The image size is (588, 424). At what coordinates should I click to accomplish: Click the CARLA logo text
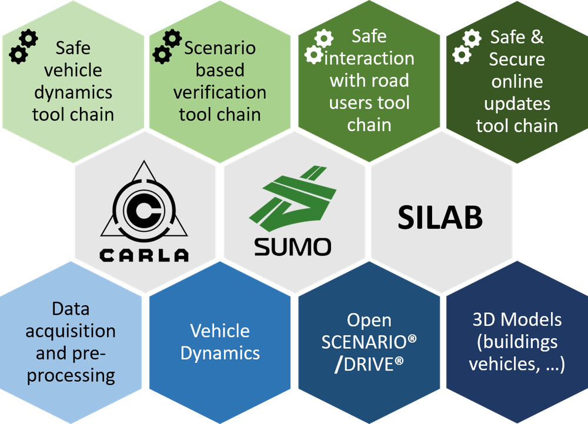point(144,255)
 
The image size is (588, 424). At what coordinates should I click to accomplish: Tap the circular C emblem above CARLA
point(144,209)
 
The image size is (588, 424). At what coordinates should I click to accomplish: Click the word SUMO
point(292,246)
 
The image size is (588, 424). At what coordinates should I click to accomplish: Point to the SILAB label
point(440,218)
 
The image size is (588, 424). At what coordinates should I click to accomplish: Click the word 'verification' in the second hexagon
point(220,92)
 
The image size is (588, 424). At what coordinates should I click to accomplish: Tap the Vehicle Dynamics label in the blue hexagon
point(220,342)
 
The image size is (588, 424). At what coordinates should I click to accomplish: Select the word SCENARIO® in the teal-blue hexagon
point(369,342)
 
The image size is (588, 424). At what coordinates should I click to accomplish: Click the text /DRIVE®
point(369,364)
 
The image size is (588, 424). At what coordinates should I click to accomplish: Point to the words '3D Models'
point(517,320)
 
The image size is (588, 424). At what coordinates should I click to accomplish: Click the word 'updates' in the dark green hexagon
point(517,104)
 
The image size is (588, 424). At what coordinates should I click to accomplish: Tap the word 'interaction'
point(370,58)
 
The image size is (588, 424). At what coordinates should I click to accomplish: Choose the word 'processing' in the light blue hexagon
point(71,375)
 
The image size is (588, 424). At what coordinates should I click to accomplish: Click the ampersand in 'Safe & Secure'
point(536,38)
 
